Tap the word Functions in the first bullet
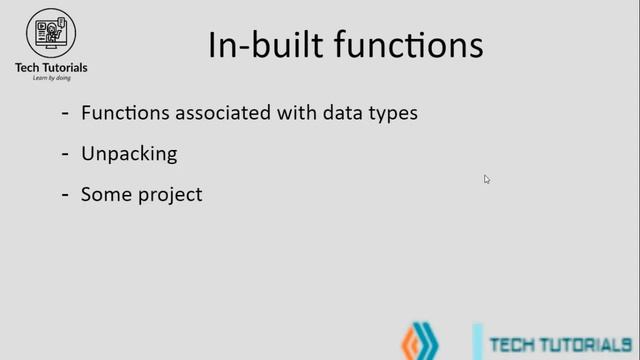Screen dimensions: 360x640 click(x=126, y=113)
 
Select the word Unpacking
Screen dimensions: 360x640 click(x=129, y=155)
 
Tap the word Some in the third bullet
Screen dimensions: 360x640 click(x=104, y=194)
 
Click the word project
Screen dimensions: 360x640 click(x=168, y=195)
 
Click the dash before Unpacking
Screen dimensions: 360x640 click(x=65, y=154)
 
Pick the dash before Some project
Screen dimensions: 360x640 click(x=65, y=194)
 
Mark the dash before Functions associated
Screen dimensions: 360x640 click(x=65, y=113)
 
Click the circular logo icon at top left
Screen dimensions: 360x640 click(x=50, y=33)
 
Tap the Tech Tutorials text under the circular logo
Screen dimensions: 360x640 click(x=50, y=67)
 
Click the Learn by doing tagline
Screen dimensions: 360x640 click(x=50, y=78)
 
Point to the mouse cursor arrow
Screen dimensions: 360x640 click(x=486, y=179)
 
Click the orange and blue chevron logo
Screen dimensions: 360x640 click(x=420, y=343)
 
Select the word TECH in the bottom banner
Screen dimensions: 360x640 click(x=512, y=345)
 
